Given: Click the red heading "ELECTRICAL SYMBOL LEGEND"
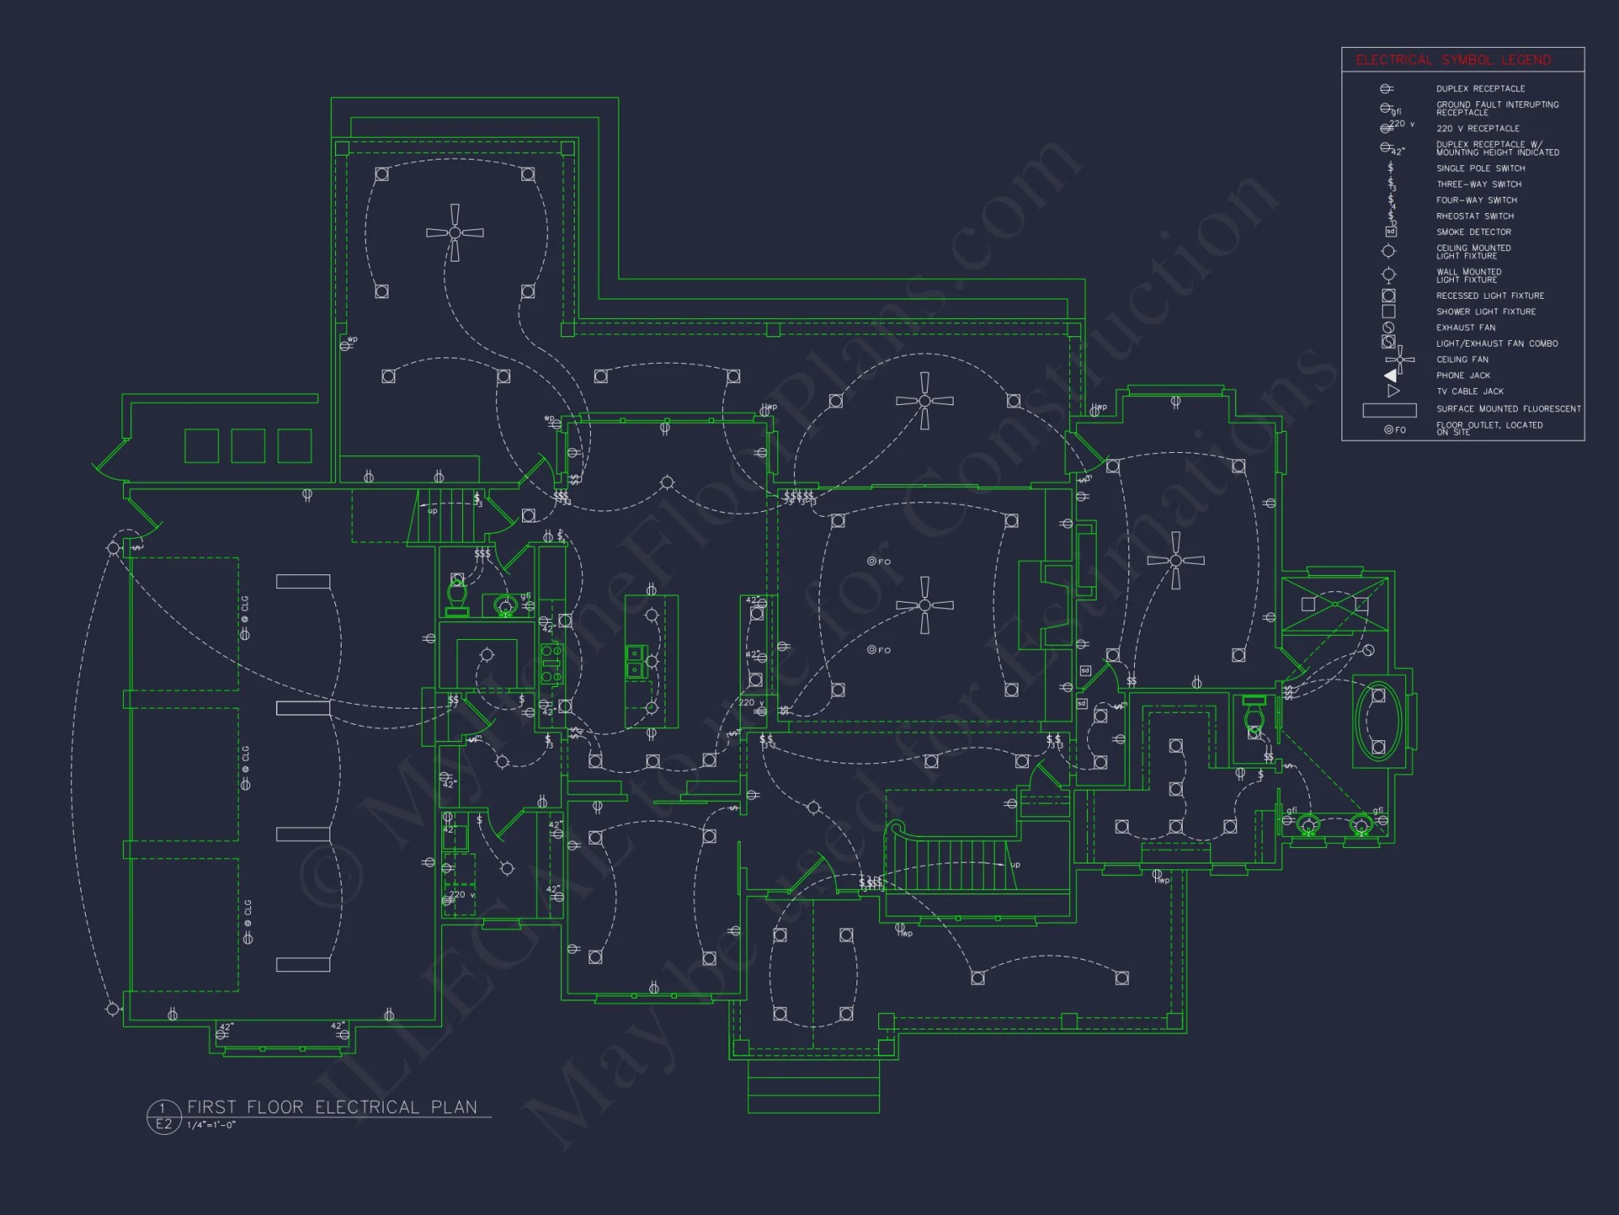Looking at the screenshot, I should (x=1453, y=60).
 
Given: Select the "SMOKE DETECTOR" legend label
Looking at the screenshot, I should (x=1473, y=232).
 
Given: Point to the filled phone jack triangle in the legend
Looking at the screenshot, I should (x=1391, y=375).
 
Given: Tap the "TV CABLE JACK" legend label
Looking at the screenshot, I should (x=1469, y=391).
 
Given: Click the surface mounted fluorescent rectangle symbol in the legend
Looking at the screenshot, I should (x=1389, y=410).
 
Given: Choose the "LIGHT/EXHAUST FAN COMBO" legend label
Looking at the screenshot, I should (x=1497, y=343).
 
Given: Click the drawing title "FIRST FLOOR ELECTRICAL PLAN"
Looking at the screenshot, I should (x=332, y=1107).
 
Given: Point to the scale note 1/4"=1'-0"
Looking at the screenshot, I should (x=211, y=1125).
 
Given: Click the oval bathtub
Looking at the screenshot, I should (x=1379, y=722).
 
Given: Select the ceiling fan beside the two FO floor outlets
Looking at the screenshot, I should (x=924, y=605).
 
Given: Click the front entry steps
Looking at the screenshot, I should (x=813, y=1085).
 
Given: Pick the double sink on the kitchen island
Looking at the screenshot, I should (x=636, y=661).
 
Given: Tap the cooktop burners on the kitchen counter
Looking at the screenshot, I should (x=551, y=663).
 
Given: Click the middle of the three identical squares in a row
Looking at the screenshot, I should (x=248, y=446).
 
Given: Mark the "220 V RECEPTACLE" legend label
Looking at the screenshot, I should (x=1477, y=129).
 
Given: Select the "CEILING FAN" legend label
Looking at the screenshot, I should (x=1462, y=360).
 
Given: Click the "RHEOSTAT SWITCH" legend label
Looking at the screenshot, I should (x=1475, y=216).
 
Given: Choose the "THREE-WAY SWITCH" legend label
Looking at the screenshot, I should (x=1479, y=185).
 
